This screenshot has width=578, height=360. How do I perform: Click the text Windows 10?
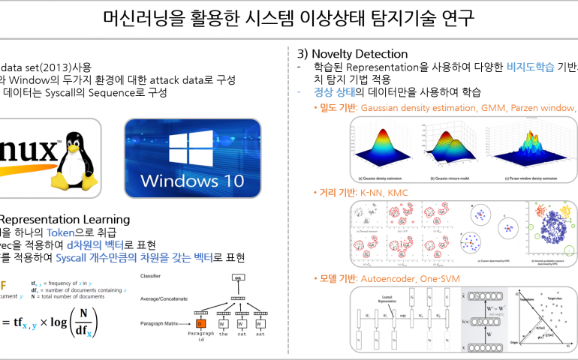192,181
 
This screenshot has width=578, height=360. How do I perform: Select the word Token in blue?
60,233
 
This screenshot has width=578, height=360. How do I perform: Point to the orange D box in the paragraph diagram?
200,323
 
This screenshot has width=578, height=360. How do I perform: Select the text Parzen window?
543,109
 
